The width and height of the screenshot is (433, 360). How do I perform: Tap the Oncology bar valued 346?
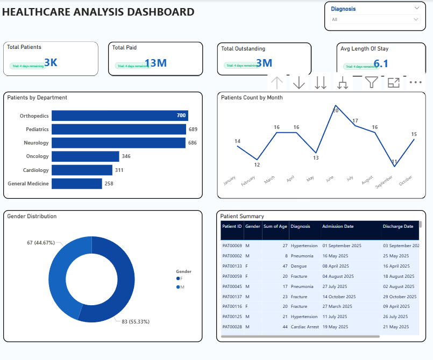point(86,156)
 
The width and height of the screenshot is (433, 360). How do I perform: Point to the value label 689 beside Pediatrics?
point(193,129)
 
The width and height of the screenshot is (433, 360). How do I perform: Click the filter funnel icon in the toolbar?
point(371,82)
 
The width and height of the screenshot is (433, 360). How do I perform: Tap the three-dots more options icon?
point(415,82)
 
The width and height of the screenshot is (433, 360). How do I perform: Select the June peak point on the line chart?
point(336,105)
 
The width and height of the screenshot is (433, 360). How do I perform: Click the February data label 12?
point(257,164)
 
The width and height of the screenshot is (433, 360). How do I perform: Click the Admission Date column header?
point(338,226)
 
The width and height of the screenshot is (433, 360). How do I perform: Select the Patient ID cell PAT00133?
point(232,265)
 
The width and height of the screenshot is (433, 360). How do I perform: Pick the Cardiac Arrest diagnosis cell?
point(304,326)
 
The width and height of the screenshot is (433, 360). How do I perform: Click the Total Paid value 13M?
point(155,63)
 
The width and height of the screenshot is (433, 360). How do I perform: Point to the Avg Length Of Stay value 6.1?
point(381,64)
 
